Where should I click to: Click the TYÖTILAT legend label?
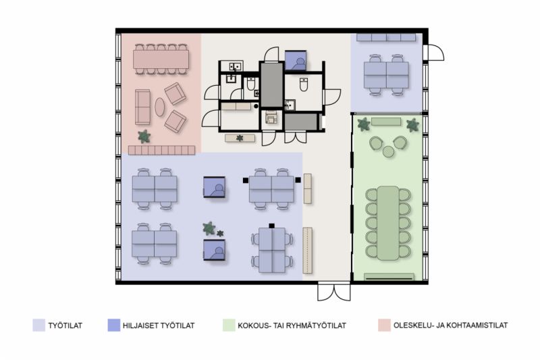pos(65,326)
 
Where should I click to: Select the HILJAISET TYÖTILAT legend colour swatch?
pos(113,325)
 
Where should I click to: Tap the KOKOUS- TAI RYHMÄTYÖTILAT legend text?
pos(292,326)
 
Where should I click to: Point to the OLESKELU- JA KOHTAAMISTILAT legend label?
pos(450,325)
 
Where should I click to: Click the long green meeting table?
pos(387,223)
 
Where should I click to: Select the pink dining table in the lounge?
pos(161,59)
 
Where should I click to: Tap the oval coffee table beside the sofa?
pos(159,107)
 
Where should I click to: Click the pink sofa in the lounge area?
pos(142,107)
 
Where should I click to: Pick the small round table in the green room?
pos(388,151)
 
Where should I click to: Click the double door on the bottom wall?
pos(333,292)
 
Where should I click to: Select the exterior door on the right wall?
pos(435,53)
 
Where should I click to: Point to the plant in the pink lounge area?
pos(144,136)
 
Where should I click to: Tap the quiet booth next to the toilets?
pos(296,60)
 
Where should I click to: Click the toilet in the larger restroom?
pos(303,84)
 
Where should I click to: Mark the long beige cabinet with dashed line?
pos(308,251)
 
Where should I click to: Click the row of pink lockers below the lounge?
pos(161,150)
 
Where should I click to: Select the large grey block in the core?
pos(272,84)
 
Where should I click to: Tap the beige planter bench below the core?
pos(240,138)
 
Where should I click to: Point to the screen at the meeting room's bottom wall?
pos(389,277)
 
